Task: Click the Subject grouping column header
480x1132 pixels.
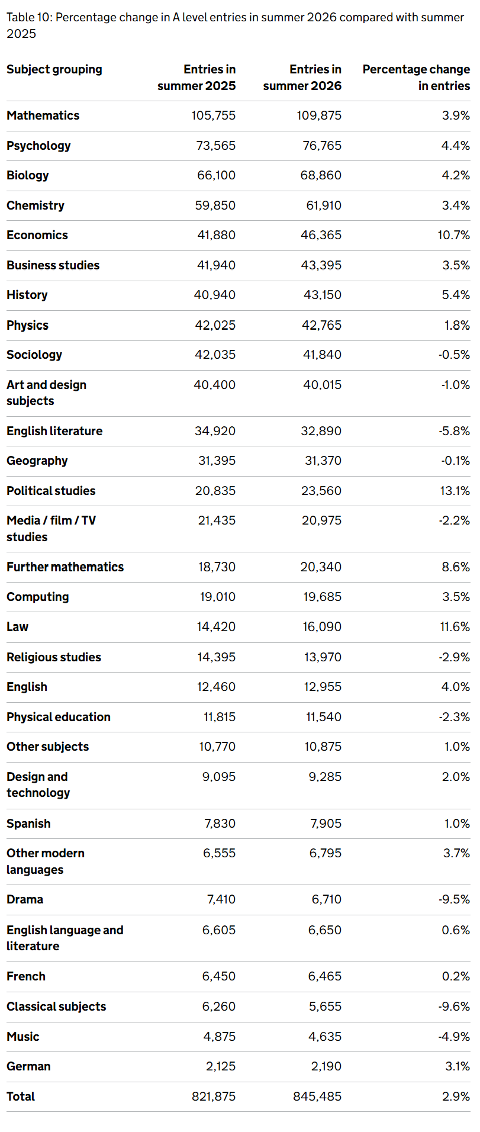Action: tap(54, 70)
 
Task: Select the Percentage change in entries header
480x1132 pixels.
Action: tap(417, 78)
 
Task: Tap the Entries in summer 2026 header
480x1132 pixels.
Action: tap(302, 78)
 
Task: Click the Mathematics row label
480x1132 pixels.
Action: tap(43, 115)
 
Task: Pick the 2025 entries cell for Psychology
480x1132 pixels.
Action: tap(216, 146)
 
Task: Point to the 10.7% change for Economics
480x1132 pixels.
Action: tap(454, 235)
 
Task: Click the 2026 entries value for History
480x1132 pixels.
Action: tap(323, 295)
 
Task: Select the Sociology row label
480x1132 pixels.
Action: tap(34, 355)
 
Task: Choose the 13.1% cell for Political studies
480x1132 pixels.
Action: tap(455, 491)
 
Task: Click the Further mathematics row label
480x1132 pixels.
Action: tap(65, 567)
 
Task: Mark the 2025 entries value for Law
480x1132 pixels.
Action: tap(216, 626)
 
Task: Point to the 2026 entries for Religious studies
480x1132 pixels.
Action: tap(323, 657)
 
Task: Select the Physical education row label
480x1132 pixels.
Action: tap(59, 717)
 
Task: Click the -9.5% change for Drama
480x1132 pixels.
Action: tap(455, 899)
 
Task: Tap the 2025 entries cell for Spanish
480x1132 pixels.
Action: tap(220, 824)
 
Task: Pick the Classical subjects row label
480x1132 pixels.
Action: tap(56, 1006)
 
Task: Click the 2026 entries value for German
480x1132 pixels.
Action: tap(326, 1066)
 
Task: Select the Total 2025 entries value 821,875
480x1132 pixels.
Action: tap(214, 1096)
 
